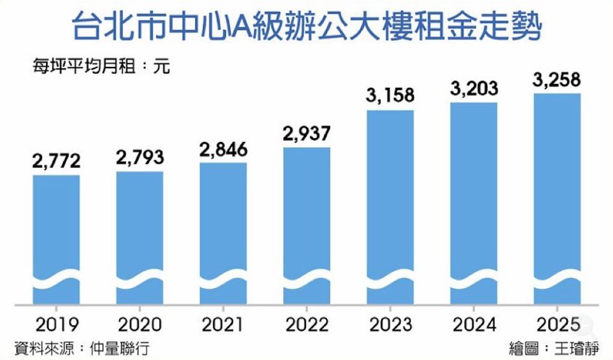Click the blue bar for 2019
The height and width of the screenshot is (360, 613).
pos(56,235)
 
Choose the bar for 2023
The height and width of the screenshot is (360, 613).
pos(390,204)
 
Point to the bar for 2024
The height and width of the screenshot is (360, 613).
pos(474,200)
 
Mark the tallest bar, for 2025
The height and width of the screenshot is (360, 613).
pos(557,197)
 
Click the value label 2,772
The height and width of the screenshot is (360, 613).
pos(56,162)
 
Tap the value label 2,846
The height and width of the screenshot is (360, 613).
pos(223,149)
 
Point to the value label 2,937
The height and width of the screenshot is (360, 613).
pos(307,134)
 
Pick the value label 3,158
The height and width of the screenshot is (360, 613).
pos(390,96)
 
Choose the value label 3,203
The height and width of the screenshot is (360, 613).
pos(474,89)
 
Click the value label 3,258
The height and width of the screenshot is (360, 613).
pos(557,81)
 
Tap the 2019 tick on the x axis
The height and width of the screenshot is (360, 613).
pos(56,324)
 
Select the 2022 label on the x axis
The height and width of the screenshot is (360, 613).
pos(307,324)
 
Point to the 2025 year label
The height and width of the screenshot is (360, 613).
pos(557,324)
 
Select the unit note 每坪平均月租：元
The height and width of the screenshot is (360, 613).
pos(102,66)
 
